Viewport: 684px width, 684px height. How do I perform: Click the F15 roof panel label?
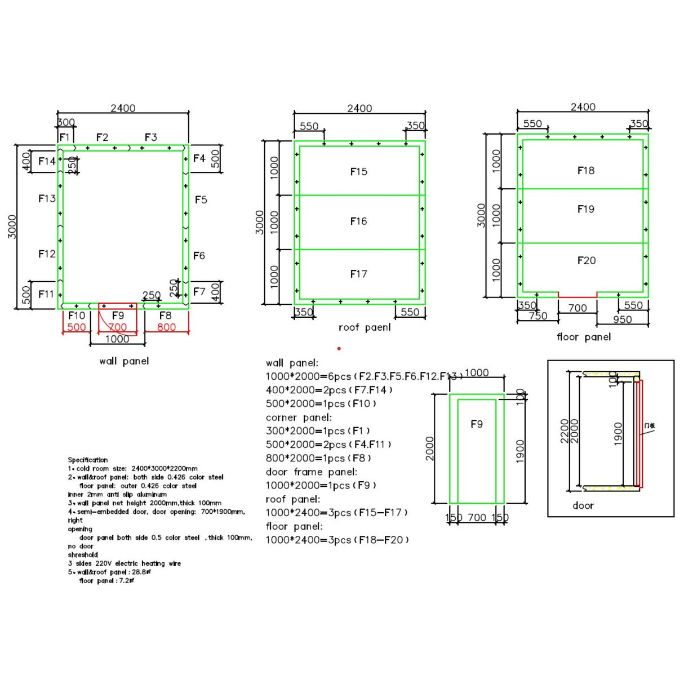[358, 171]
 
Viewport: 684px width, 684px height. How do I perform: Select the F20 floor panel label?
[586, 260]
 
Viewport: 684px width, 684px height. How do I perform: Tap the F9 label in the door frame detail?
[477, 424]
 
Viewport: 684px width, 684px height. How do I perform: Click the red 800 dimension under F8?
[166, 327]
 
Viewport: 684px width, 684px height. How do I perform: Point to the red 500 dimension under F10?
[77, 327]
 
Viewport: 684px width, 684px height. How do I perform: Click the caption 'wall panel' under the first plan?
[124, 361]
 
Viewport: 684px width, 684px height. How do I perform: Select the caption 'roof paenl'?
[365, 327]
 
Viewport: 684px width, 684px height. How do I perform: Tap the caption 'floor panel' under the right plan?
[584, 337]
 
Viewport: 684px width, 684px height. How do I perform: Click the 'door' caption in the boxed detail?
[583, 505]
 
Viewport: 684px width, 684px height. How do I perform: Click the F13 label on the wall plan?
[47, 198]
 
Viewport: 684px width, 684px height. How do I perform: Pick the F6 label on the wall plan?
[199, 256]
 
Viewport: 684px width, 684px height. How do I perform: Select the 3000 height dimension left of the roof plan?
[259, 222]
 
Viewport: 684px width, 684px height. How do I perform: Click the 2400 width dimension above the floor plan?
[583, 107]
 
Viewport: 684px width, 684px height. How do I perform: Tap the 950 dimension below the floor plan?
[622, 319]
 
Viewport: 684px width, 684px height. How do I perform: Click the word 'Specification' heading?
[87, 460]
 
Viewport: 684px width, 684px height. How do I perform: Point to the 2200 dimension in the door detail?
[564, 430]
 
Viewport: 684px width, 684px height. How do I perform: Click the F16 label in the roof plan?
[358, 221]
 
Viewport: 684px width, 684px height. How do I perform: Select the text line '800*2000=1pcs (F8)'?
[318, 458]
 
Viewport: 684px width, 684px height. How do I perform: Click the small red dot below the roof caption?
[339, 349]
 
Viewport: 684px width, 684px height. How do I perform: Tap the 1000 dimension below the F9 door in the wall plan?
[117, 339]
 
